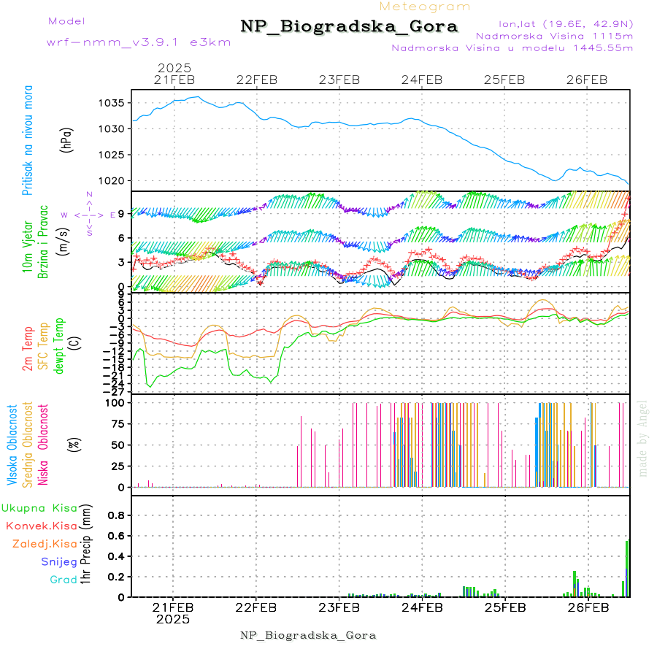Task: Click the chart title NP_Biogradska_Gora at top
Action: coord(349,27)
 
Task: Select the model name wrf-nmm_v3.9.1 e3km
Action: coord(138,42)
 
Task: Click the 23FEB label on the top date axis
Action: coord(339,80)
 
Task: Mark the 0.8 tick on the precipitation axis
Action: coord(115,515)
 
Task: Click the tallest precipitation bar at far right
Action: coord(627,569)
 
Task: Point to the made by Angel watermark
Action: coord(643,438)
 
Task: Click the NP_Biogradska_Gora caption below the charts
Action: coord(308,635)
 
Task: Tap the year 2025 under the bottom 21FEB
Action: coord(173,619)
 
